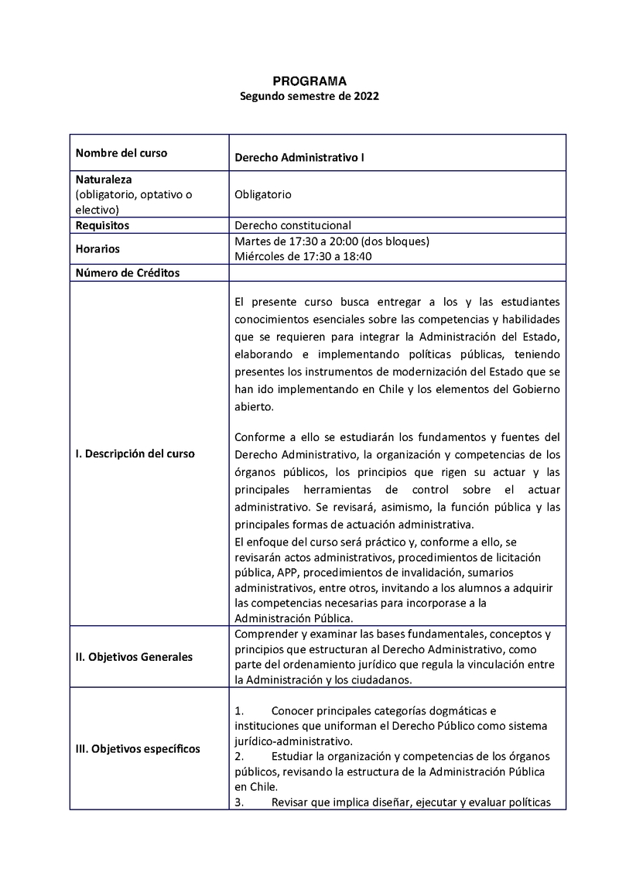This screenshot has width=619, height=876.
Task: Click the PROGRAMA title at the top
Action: tap(309, 80)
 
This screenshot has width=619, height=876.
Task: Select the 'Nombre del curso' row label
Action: tap(121, 152)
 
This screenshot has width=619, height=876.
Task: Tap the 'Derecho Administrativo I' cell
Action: tap(299, 158)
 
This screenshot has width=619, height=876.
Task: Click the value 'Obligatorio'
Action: tap(263, 195)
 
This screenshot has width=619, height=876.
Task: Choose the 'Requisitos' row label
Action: tap(102, 225)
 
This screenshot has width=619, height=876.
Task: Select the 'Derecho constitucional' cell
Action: tap(292, 225)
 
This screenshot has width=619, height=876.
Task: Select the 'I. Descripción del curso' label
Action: tap(135, 453)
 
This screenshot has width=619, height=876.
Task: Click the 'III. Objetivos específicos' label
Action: tap(138, 748)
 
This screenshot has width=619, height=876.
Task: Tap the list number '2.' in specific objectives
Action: tap(239, 756)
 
